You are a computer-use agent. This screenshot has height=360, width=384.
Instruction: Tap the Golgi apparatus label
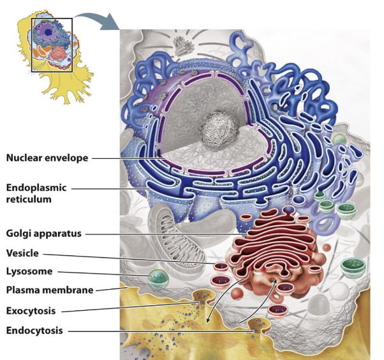[x=44, y=234]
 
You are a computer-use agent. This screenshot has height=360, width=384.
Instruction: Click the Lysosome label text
[x=29, y=271]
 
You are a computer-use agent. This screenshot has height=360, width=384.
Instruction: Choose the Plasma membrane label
[x=50, y=290]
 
